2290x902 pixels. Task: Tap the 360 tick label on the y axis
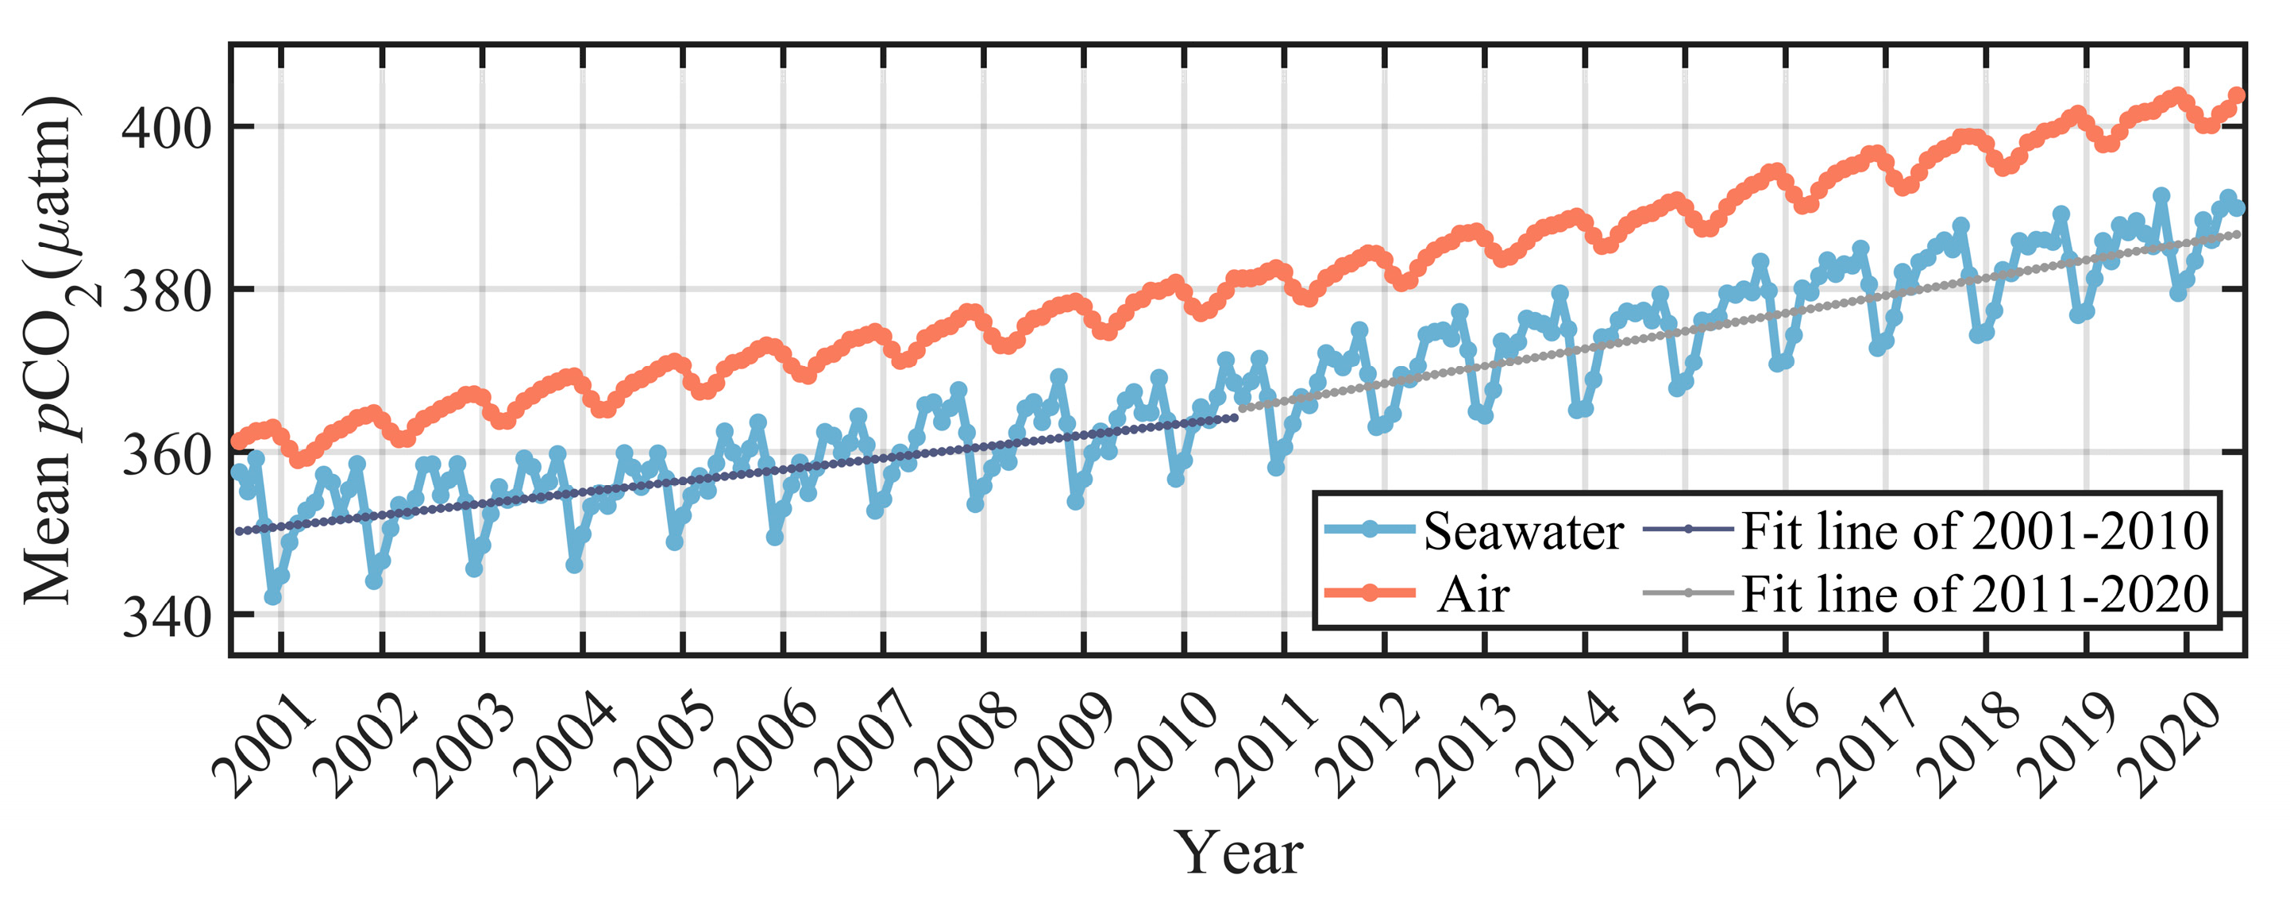tap(166, 455)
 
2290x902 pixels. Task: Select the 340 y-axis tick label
tap(166, 618)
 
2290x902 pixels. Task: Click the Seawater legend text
tap(1523, 532)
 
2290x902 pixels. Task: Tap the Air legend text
tap(1473, 595)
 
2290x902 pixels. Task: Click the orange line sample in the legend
tap(1369, 593)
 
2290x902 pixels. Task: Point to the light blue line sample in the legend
tap(1369, 530)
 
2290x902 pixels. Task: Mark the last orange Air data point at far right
tap(2237, 95)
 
